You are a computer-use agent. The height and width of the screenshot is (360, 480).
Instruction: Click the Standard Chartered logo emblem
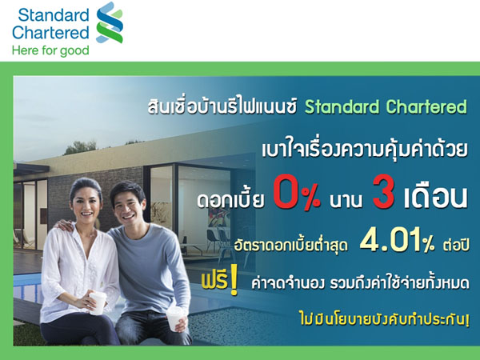tap(110, 22)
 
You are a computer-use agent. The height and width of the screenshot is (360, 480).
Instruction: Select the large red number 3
tap(382, 196)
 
